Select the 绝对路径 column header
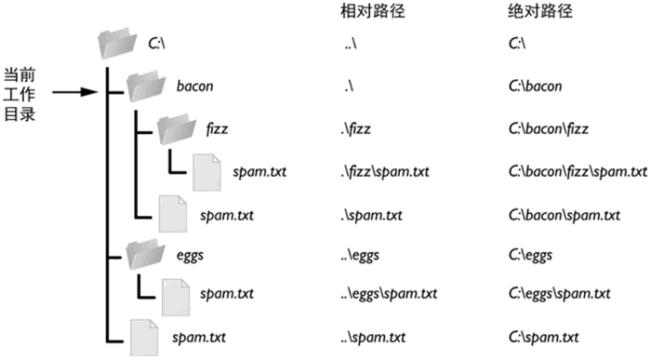[x=537, y=12]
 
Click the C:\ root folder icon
[x=117, y=43]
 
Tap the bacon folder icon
[x=146, y=87]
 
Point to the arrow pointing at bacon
[x=75, y=92]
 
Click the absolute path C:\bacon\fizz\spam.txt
[x=578, y=171]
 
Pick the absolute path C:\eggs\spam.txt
[x=560, y=294]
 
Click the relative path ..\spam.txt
[x=374, y=335]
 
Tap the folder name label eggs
[x=191, y=253]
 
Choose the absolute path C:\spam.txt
[x=545, y=335]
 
